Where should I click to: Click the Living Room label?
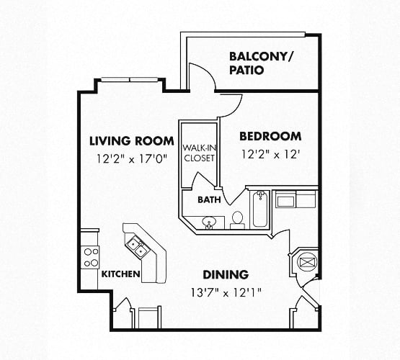pos(132,141)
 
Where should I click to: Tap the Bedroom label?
pos(270,137)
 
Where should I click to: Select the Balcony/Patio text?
pos(262,63)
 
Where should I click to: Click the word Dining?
pos(226,274)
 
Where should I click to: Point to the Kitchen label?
pos(121,274)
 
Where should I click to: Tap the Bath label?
pos(209,199)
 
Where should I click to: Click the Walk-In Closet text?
pos(200,153)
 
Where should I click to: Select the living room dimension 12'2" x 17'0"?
pos(132,159)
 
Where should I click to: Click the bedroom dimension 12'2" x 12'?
pos(270,154)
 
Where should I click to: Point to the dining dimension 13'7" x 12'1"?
pos(226,293)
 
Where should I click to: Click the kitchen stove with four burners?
pos(92,257)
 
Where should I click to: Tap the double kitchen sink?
pos(137,247)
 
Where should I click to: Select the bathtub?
pos(260,210)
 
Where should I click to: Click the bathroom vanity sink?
pos(209,222)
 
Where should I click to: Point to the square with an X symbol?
pos(307,262)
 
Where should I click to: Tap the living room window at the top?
pos(130,80)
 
